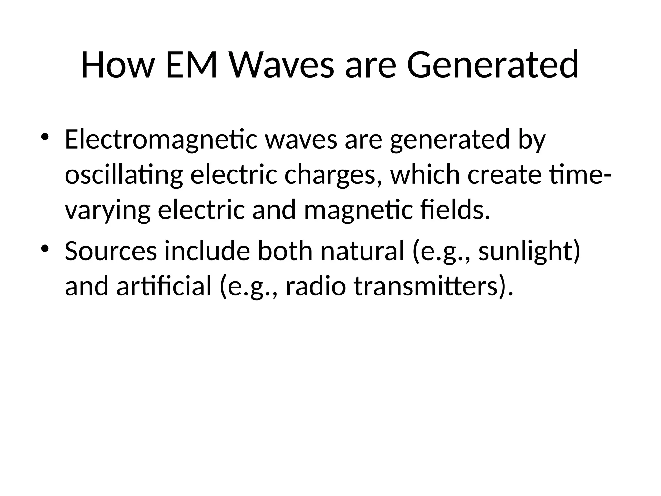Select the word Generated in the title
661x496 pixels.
coord(493,65)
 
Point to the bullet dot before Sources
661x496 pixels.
coord(45,248)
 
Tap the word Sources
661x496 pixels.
coord(111,251)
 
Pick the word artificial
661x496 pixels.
coord(164,287)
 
